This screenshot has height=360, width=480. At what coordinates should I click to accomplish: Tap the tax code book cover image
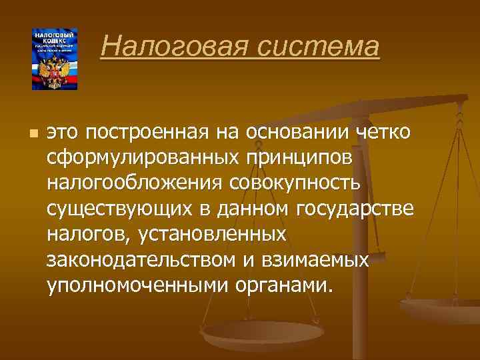[x=55, y=59]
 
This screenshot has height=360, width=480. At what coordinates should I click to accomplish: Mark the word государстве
[x=363, y=209]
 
